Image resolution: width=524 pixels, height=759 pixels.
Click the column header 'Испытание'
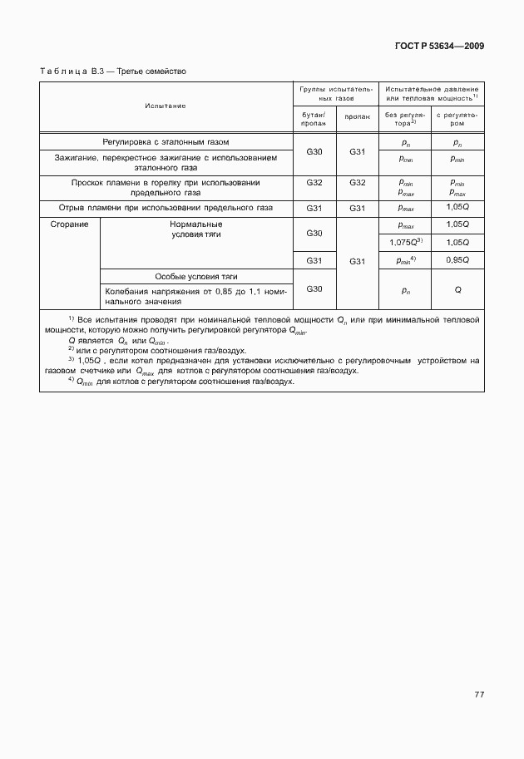pos(165,106)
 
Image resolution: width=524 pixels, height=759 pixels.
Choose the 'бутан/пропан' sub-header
pos(314,118)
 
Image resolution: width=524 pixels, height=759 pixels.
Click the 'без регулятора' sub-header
pos(405,118)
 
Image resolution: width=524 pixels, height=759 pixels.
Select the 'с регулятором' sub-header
pos(457,118)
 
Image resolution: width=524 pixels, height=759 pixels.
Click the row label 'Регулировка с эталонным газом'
pos(165,141)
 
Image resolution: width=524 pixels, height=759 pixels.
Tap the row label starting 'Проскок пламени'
pos(165,187)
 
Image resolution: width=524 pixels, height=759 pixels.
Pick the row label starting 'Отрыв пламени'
pos(165,208)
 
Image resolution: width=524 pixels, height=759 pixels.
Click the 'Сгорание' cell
pos(70,224)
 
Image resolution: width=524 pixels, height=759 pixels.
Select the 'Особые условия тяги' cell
pos(196,276)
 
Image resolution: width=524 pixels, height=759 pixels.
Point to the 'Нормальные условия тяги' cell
pos(196,229)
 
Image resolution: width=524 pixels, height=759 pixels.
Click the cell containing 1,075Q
pos(405,242)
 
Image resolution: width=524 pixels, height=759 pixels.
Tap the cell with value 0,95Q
pos(457,260)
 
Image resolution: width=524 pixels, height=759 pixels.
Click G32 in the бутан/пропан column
pos(314,182)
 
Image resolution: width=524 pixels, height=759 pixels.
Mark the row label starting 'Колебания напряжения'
pos(196,297)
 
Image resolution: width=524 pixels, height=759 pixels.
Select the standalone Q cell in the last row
pos(457,291)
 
